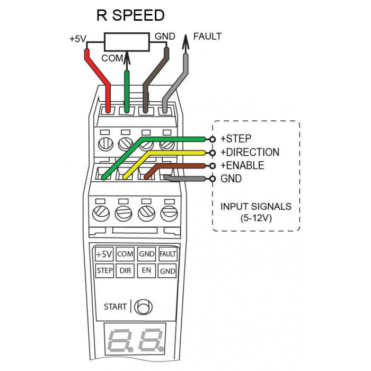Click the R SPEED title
pos(130,15)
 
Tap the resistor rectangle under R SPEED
pos(127,42)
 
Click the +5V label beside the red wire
pos(78,39)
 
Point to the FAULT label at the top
pos(208,36)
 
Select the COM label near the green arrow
pos(112,58)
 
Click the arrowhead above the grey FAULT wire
pos(185,42)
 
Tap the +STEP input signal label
pos(236,139)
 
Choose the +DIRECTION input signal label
pos(250,152)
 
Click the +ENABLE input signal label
pos(242,165)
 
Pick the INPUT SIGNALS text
pos(256,207)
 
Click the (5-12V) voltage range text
pos(256,218)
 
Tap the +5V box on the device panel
pos(104,254)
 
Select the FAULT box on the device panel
pos(168,254)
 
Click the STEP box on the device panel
pos(104,271)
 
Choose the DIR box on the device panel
pos(125,271)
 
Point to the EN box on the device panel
pos(146,271)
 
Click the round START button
pos(143,307)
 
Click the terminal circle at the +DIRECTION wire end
pos(213,153)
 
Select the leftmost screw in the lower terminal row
pos(101,214)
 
